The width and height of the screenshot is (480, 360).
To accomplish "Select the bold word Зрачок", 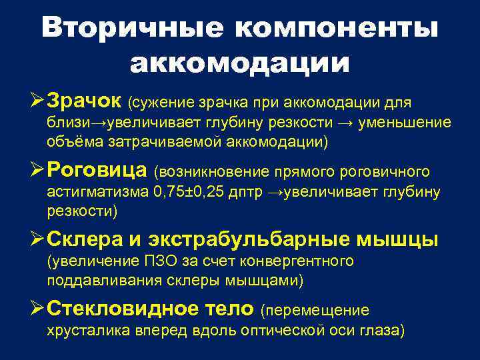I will pos(85,102).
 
